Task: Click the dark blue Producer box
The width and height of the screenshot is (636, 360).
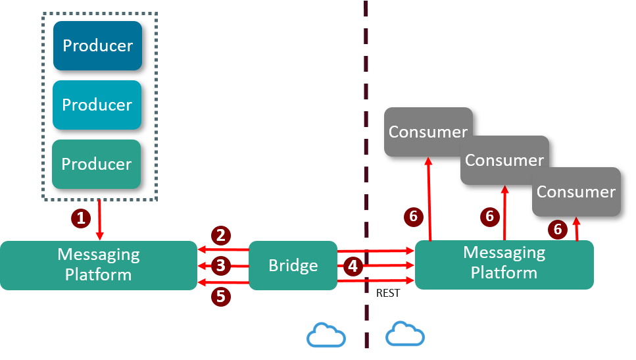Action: [97, 45]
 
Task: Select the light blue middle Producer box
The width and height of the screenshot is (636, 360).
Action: [97, 105]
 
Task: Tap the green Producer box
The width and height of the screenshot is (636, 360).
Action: [97, 164]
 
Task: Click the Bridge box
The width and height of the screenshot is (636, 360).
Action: [293, 265]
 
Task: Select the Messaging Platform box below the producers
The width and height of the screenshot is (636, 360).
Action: [98, 265]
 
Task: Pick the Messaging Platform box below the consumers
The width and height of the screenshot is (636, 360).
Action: [504, 263]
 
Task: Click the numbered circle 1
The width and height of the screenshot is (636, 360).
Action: [80, 219]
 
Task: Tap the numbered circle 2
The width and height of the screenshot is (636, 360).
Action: [220, 235]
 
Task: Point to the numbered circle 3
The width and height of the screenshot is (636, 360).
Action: [220, 266]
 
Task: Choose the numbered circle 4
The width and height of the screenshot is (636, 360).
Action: [353, 267]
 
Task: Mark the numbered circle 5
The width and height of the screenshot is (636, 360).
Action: [220, 297]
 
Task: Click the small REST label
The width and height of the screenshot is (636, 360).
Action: [387, 294]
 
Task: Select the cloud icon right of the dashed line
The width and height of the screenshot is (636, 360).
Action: [405, 334]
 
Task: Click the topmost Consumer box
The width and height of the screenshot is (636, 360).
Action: [428, 132]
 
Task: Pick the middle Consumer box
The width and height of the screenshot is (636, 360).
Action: [504, 160]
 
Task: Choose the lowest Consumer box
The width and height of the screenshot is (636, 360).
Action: [576, 192]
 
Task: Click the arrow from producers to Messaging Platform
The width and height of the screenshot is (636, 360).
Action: [99, 220]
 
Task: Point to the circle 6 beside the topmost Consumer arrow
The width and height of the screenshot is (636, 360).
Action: [413, 216]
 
